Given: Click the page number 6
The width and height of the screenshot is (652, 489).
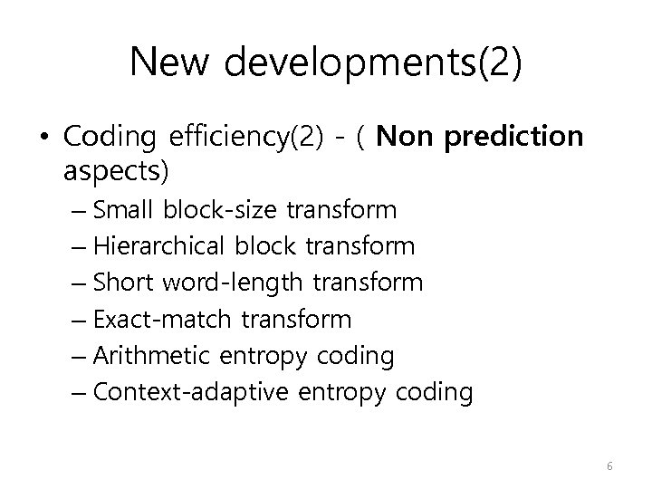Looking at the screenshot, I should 609,466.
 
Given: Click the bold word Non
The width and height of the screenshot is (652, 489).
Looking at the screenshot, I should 404,137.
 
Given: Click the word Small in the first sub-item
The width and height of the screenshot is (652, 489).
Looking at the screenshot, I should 124,210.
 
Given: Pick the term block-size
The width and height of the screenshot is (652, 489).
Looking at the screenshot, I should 221,210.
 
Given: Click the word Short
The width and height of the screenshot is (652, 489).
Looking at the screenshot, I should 124,283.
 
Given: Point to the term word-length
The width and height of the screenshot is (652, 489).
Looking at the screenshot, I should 233,283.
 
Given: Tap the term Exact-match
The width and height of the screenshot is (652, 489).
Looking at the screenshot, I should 149,319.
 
